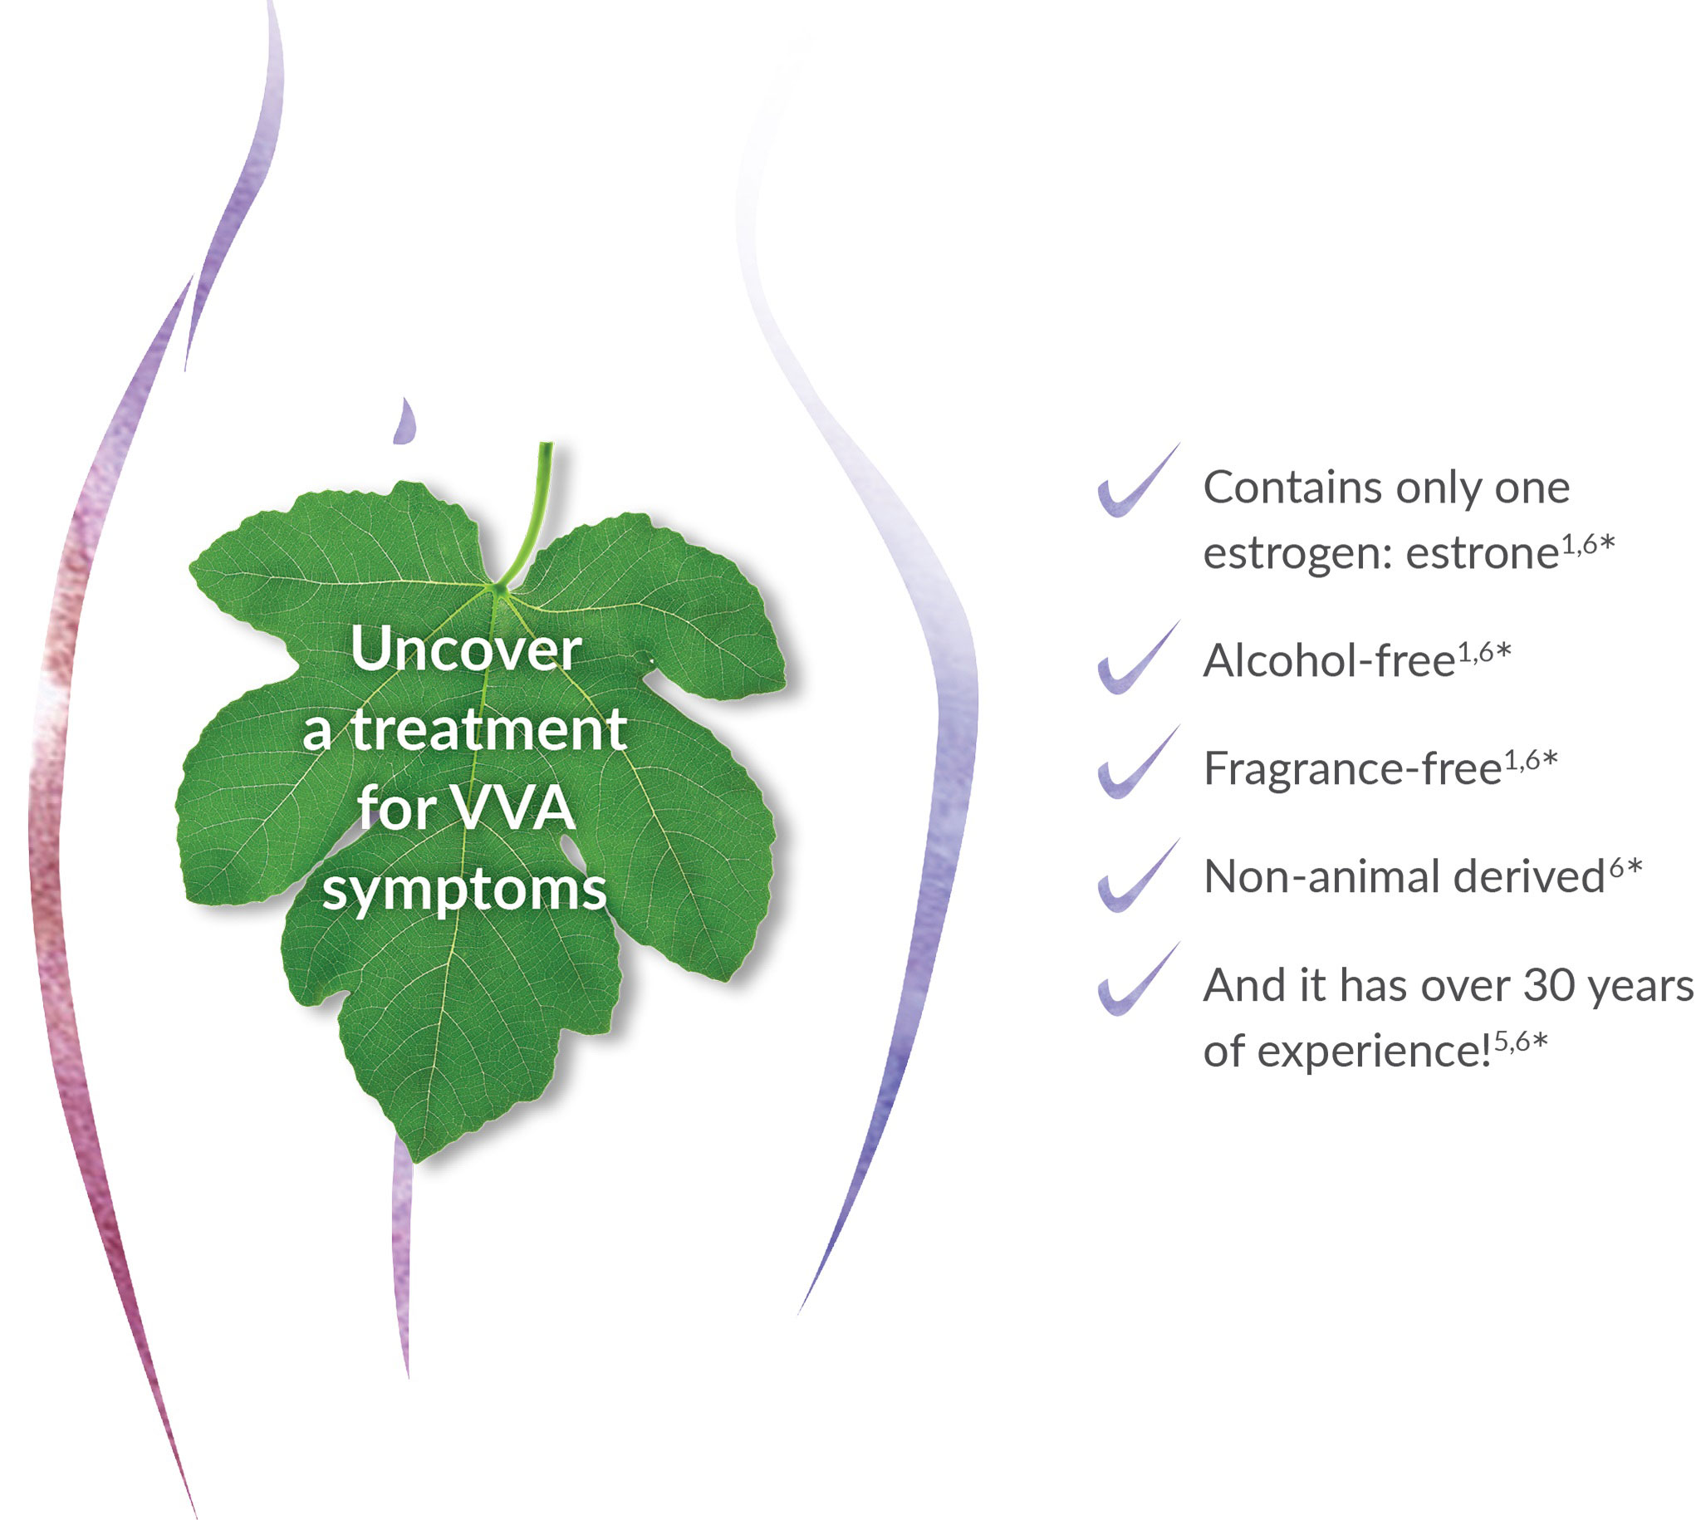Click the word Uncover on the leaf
click(x=466, y=649)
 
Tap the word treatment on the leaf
click(x=488, y=729)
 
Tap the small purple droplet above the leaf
click(x=405, y=422)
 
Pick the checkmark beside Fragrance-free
click(x=1135, y=762)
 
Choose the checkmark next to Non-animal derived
click(x=1135, y=876)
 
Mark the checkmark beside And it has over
click(x=1135, y=979)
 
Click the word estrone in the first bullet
click(x=1483, y=554)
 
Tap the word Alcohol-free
click(x=1330, y=661)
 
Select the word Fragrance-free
click(x=1353, y=769)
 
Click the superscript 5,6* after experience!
click(x=1521, y=1041)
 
